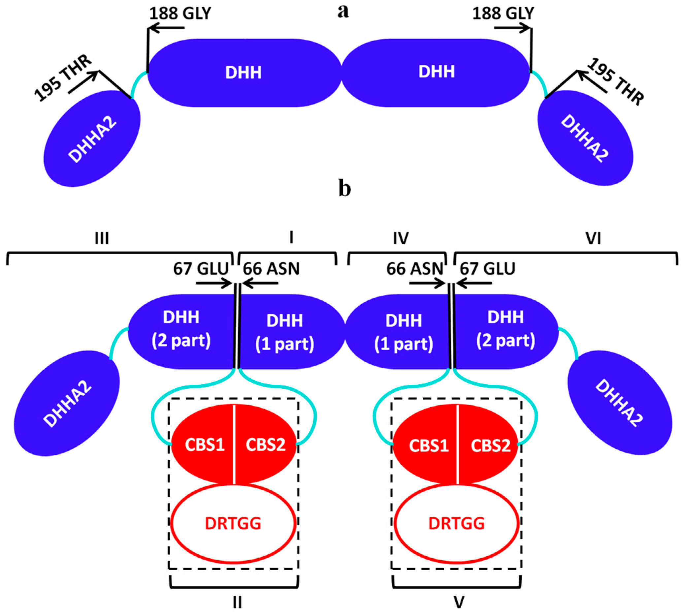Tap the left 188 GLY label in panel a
[180, 14]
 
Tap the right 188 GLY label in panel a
[503, 14]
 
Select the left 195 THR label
[63, 78]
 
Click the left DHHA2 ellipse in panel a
[92, 138]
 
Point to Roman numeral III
[102, 238]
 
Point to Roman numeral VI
[593, 238]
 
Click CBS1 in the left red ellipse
[205, 445]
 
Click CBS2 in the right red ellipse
[490, 445]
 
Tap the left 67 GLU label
[201, 269]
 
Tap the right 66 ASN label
[414, 269]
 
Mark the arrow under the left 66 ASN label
[260, 284]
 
